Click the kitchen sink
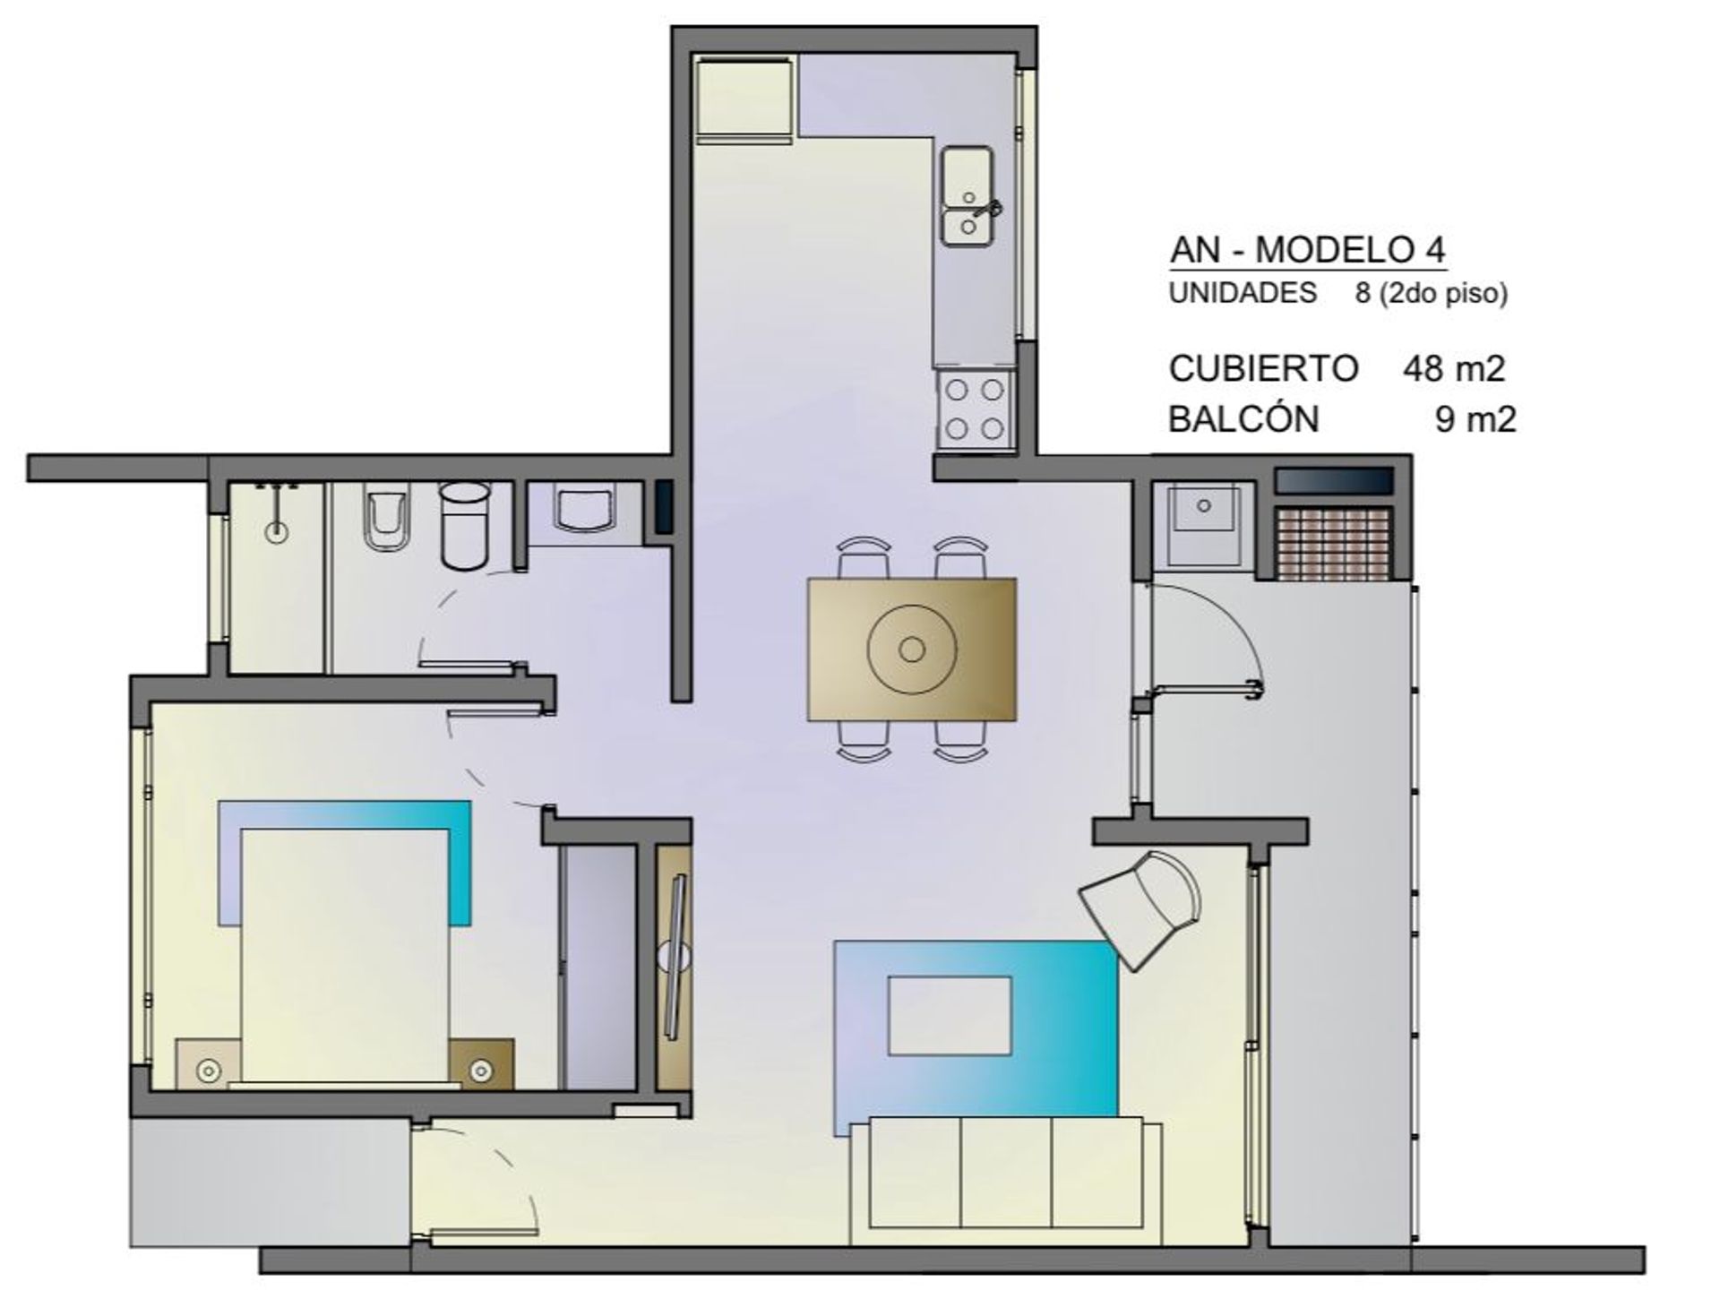point(967,197)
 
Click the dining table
point(912,649)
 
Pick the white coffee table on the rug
point(950,1015)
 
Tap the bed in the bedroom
point(345,956)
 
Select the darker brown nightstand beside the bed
point(481,1064)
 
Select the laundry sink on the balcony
point(1203,527)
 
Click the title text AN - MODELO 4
point(1308,250)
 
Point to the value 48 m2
point(1454,368)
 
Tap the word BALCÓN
point(1243,418)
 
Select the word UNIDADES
point(1243,293)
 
